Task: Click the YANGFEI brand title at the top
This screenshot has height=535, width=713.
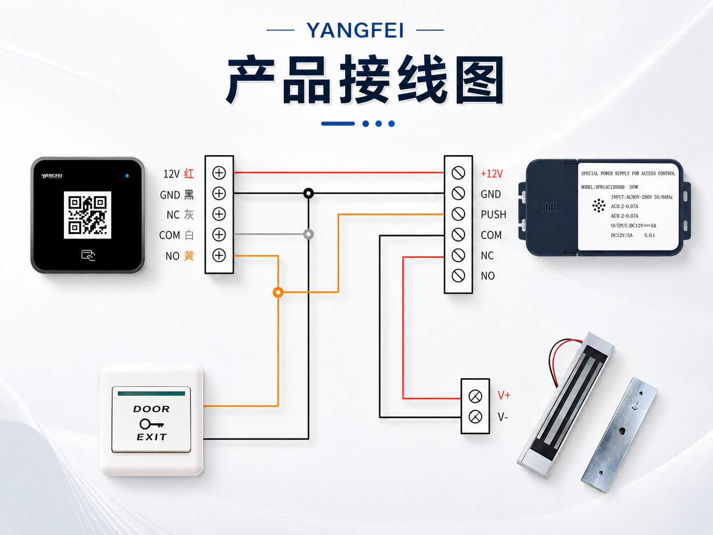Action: (355, 30)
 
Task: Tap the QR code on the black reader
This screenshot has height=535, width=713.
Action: (87, 215)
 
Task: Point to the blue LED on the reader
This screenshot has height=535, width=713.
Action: (127, 176)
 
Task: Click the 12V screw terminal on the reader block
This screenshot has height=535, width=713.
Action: (219, 173)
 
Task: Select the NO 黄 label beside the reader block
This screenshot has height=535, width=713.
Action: (180, 256)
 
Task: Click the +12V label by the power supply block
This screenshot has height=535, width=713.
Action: (492, 174)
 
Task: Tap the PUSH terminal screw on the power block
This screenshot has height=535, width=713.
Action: (458, 214)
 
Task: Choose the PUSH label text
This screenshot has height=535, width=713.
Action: (493, 214)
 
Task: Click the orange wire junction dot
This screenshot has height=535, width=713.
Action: (278, 292)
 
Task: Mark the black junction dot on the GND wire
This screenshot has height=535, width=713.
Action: (309, 194)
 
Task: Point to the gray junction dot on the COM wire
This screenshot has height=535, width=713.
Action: (309, 234)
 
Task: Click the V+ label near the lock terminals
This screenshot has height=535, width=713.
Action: (504, 395)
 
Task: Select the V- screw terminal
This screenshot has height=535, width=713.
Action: (475, 417)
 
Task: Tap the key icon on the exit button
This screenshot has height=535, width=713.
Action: (151, 424)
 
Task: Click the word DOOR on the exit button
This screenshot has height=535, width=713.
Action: (151, 409)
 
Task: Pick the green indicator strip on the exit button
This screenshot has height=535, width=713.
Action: (151, 394)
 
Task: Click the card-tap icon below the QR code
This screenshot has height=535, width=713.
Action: (88, 255)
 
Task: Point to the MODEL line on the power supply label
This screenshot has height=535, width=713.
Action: (610, 187)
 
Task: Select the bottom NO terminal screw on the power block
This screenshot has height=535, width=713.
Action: (458, 276)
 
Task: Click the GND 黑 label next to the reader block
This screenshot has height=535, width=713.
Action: (177, 195)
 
